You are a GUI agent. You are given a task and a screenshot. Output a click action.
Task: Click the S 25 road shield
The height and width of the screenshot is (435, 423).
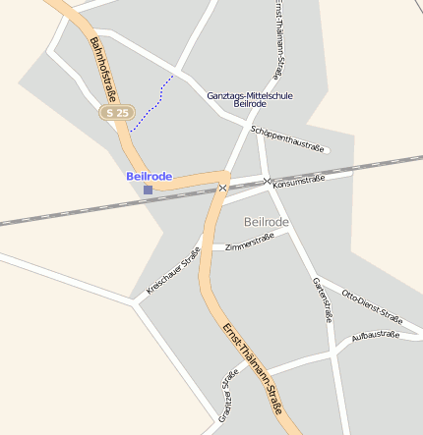click(x=115, y=113)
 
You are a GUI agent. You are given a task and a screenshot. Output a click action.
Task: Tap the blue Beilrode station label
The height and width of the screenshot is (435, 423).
click(x=149, y=177)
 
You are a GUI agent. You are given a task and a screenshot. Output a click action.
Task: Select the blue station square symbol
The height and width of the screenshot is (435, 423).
click(x=148, y=190)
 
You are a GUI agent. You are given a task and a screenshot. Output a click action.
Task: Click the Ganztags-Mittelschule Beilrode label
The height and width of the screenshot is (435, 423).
click(x=250, y=99)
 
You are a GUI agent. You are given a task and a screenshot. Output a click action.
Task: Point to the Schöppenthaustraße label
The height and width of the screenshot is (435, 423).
click(x=287, y=138)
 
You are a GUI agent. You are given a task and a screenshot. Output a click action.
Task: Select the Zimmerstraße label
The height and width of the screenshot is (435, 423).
click(x=248, y=243)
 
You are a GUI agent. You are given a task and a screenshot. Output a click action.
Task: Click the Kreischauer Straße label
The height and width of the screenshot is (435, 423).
click(x=173, y=272)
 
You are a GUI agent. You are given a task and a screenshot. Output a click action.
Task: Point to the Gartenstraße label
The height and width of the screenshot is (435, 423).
click(x=322, y=299)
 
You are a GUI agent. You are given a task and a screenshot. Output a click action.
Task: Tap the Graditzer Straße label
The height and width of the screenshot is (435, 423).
click(x=227, y=398)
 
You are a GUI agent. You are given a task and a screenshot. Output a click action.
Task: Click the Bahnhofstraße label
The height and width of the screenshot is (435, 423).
click(x=103, y=69)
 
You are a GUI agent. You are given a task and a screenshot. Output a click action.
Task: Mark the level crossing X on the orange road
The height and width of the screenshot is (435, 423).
click(x=223, y=187)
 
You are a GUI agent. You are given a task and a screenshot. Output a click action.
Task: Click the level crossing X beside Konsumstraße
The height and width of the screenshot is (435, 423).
click(x=266, y=181)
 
